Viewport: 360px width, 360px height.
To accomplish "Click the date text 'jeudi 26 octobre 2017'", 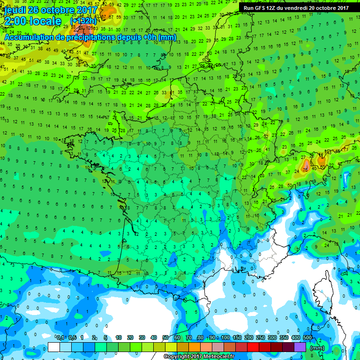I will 49,10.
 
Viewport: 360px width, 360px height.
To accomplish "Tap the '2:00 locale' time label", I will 32,22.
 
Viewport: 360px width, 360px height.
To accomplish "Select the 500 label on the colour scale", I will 307,337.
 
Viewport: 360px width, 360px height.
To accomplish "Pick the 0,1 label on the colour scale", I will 60,337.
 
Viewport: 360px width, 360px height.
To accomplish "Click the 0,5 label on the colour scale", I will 72,337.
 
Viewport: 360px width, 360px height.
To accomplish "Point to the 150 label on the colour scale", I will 237,337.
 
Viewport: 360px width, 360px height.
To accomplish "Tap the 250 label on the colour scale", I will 260,337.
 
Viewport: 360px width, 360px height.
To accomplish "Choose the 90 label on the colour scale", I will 213,337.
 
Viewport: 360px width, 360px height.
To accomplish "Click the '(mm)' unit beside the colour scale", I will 317,348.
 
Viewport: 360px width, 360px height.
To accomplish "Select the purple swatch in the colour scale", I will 300,347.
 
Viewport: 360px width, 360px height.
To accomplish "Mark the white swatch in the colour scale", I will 54,347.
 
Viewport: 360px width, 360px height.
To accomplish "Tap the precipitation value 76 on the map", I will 305,169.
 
